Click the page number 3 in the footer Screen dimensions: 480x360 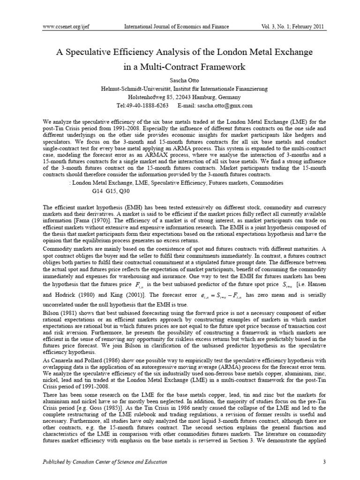click(x=324, y=465)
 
